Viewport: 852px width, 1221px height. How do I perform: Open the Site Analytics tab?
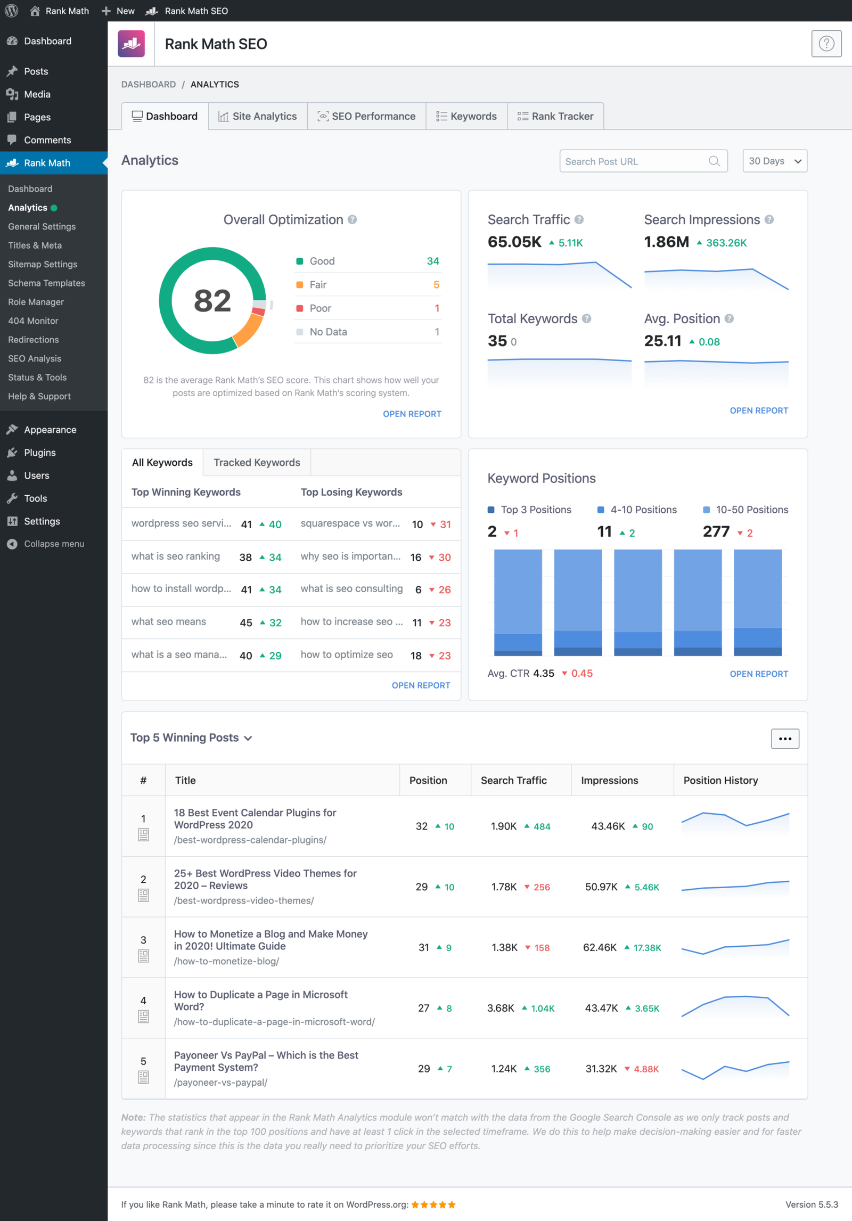258,116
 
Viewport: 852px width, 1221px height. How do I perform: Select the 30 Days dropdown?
774,161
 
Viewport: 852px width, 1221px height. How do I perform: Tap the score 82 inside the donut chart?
212,300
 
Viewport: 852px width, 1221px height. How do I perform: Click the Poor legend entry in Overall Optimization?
320,308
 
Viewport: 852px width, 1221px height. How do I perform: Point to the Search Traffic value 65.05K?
514,242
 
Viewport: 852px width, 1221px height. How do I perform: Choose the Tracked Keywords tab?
257,462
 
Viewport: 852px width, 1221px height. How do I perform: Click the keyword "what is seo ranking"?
176,556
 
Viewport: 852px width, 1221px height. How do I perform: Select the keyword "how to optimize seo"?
347,655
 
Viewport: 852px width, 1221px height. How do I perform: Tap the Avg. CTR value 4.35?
544,674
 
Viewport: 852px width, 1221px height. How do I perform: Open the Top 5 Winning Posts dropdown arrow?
248,738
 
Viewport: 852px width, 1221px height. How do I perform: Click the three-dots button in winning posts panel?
785,739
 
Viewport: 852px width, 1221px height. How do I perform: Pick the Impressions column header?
609,781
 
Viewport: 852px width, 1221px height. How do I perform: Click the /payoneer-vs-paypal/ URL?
220,1083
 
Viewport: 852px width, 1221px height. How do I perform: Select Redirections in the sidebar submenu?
34,340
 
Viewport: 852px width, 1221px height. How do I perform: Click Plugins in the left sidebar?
39,453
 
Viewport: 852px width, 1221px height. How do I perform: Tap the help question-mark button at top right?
826,44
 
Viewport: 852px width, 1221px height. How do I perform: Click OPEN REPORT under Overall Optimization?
412,414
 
